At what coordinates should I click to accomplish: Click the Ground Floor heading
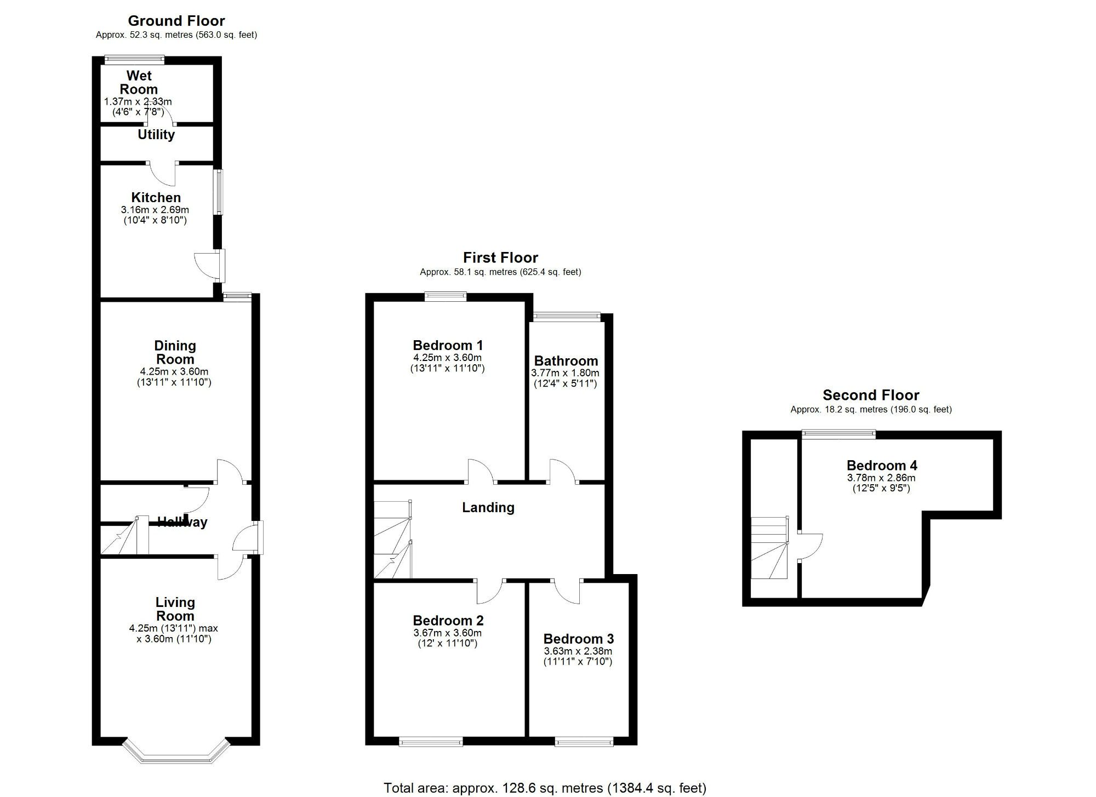176,21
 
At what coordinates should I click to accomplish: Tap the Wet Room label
139,82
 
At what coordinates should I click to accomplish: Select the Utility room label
156,135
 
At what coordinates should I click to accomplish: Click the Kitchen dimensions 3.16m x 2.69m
155,210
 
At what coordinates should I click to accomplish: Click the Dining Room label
175,352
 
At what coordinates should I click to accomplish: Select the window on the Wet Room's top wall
134,59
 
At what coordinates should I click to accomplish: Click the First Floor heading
500,257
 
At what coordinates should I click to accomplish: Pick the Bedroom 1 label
448,346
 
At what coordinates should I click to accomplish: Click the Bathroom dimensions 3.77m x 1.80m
565,373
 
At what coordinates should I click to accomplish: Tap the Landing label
488,508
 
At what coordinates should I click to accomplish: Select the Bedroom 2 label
448,621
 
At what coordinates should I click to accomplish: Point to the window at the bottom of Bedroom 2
431,742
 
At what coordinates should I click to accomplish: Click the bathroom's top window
567,316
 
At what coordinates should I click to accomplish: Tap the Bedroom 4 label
881,466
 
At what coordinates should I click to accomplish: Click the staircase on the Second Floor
769,548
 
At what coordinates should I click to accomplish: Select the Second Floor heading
871,395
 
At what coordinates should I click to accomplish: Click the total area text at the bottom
545,788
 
